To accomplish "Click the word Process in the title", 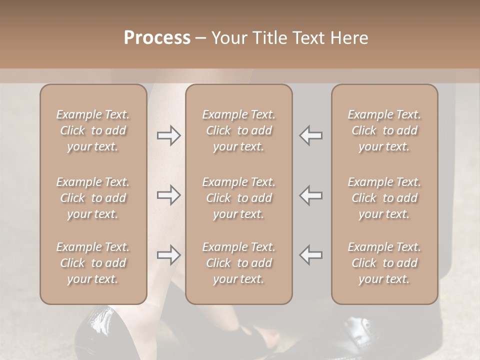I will click(157, 38).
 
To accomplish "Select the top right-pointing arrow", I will click(168, 135).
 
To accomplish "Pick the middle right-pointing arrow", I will click(168, 195).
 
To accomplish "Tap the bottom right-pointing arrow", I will click(168, 255).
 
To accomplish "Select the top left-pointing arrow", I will click(311, 135).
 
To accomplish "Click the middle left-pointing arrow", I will click(311, 195).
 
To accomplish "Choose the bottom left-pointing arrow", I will click(311, 255).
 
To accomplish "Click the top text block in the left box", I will click(93, 130).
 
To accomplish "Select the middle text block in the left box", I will click(93, 198).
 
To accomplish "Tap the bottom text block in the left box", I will click(93, 263).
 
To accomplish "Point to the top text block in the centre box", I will click(238, 130).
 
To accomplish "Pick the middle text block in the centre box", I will click(238, 198).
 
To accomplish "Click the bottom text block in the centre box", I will click(238, 263).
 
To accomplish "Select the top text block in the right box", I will click(384, 130).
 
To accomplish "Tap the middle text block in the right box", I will click(384, 198).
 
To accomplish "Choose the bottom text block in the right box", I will click(384, 263).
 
